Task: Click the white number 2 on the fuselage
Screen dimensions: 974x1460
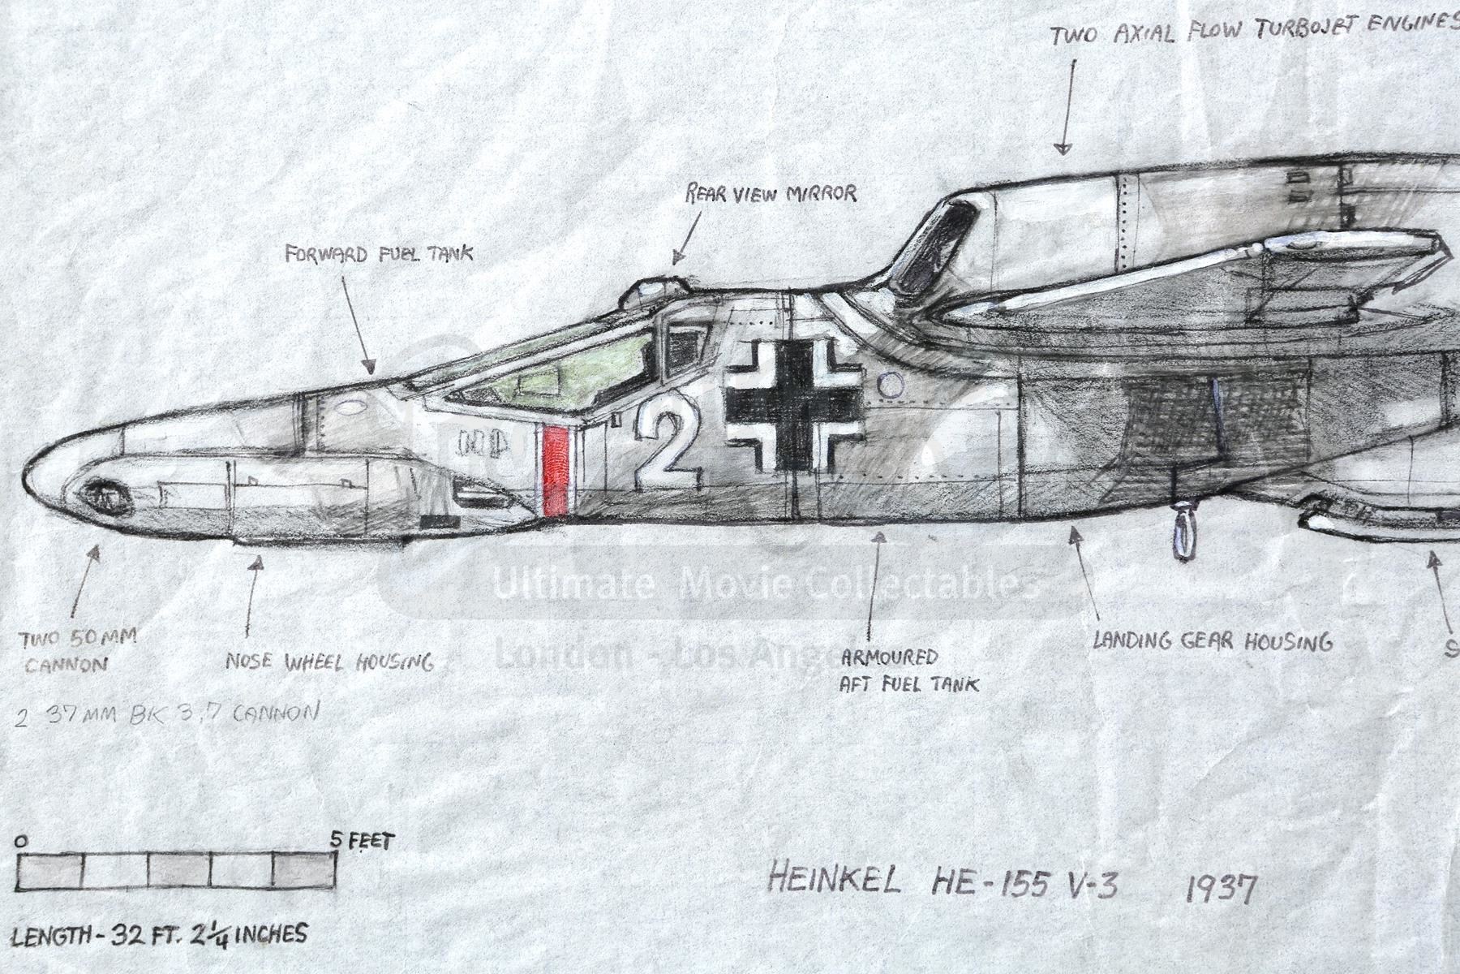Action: (667, 447)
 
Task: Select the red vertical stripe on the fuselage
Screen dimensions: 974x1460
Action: (556, 472)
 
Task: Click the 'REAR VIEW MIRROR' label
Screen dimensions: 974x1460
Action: (770, 193)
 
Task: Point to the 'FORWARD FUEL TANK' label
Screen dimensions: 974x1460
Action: (379, 254)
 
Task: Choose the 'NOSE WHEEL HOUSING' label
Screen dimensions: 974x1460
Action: (329, 662)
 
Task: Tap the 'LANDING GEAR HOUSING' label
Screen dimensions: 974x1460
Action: (1212, 642)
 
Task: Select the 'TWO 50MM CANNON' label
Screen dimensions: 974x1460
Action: (78, 652)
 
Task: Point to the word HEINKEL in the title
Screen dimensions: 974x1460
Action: (833, 880)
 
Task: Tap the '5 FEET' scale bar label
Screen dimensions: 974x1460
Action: (363, 841)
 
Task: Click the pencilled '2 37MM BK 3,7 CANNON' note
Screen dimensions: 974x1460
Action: (166, 713)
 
